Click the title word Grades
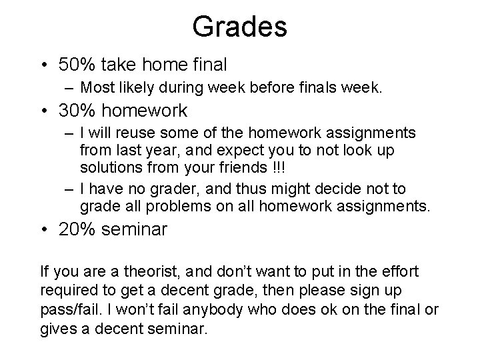point(239,27)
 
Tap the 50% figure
point(76,65)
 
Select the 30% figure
point(76,109)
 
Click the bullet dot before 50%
point(44,65)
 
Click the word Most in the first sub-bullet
point(97,87)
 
